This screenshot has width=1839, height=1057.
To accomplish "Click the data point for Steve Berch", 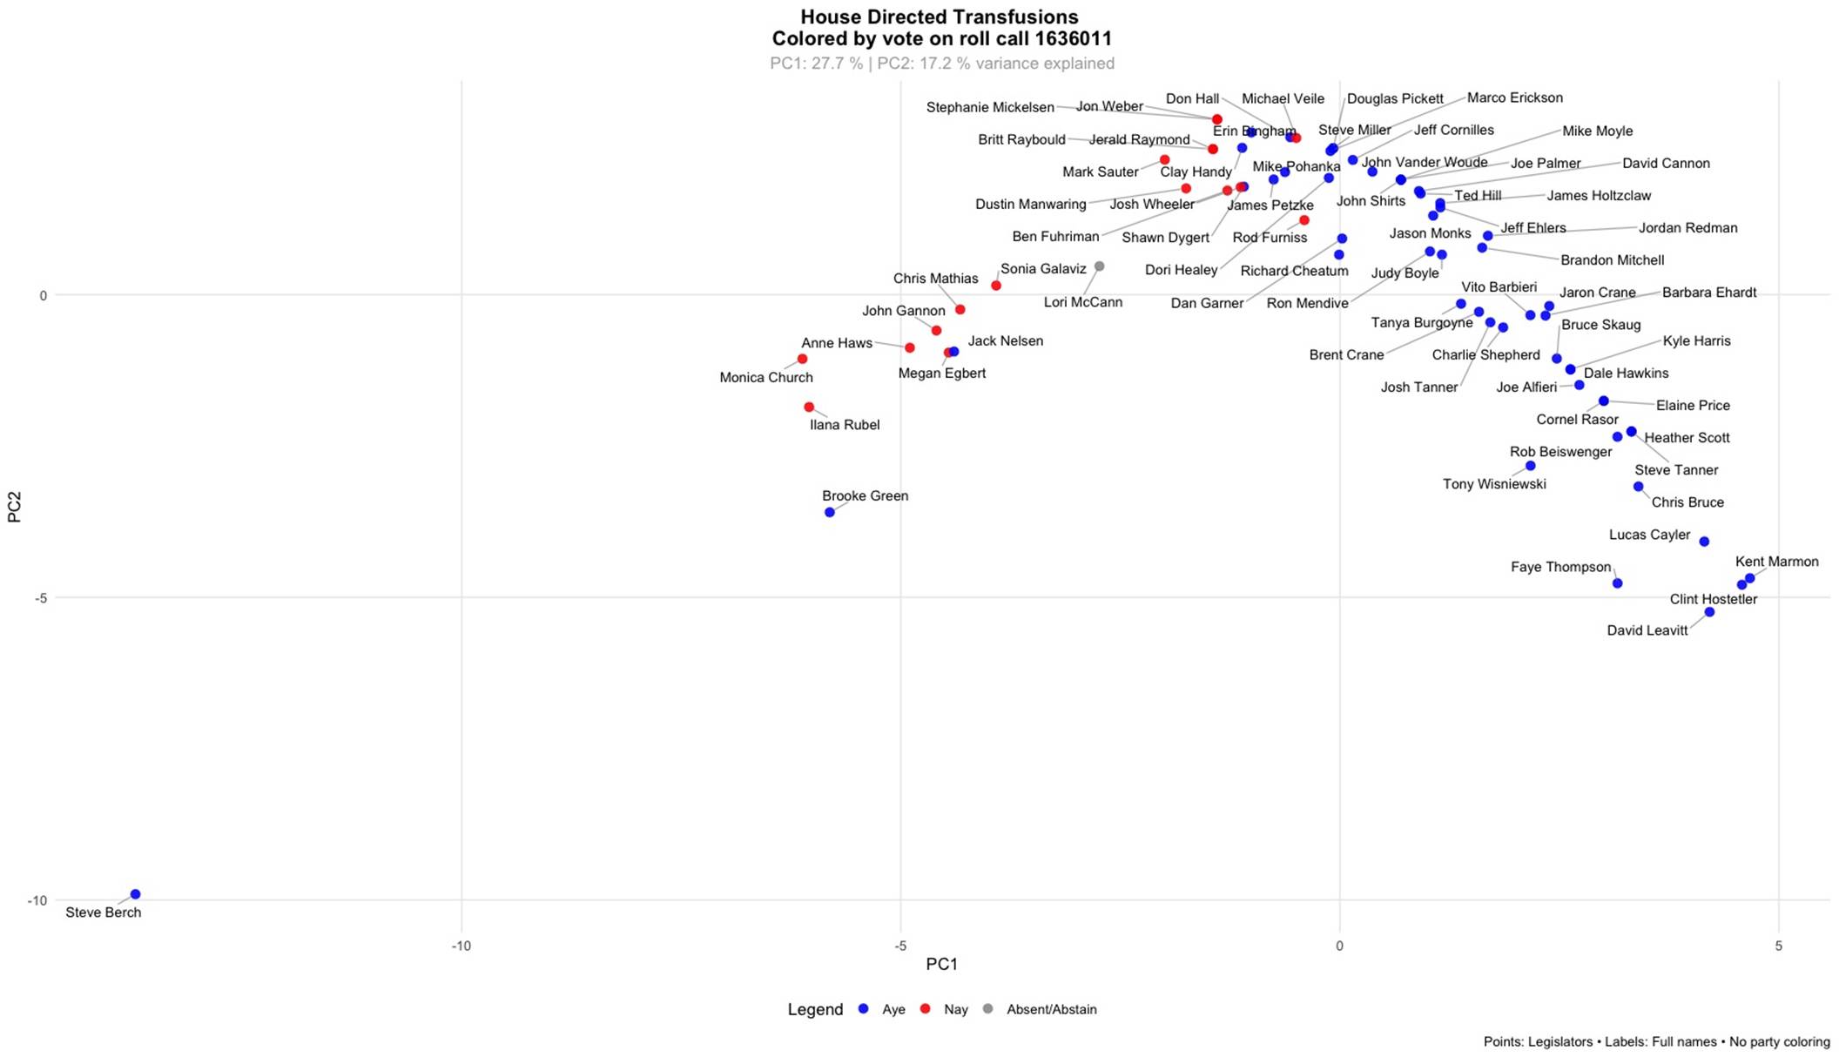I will pos(135,894).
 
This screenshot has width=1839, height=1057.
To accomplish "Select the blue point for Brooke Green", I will pos(830,512).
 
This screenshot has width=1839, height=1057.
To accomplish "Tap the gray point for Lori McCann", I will pos(1100,266).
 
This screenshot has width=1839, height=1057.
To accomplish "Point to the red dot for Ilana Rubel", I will pos(809,407).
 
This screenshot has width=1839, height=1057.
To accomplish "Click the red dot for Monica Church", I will pos(803,359).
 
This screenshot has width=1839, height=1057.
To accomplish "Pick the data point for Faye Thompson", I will pos(1618,583).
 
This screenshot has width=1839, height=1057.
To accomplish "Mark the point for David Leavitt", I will pos(1709,612).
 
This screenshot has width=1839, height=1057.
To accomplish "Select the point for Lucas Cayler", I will pos(1704,542).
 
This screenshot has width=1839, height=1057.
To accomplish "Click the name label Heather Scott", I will pos(1687,438).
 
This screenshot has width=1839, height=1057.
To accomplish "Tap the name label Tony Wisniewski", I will pos(1494,484).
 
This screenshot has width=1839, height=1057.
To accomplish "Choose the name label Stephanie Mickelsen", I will pos(990,108).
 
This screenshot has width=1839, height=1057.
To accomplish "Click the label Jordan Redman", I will pos(1687,228).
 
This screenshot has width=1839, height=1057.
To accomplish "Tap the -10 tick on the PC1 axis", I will pos(461,946).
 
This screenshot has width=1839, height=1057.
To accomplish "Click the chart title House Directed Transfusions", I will pos(940,17).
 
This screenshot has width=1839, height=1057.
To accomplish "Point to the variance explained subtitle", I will pos(941,64).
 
